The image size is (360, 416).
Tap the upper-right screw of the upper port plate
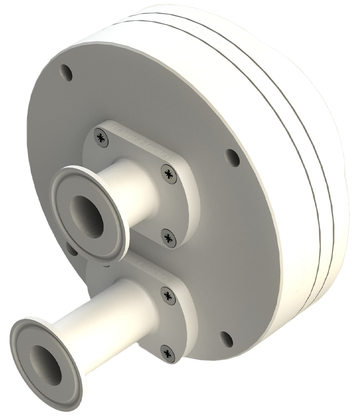[169, 174]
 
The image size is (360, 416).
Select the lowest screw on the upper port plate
[169, 238]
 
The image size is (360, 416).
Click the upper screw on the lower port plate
[168, 296]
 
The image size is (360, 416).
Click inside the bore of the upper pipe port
[86, 215]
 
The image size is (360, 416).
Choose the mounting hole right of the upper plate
[233, 158]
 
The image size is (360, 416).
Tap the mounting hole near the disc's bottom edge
[226, 339]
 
